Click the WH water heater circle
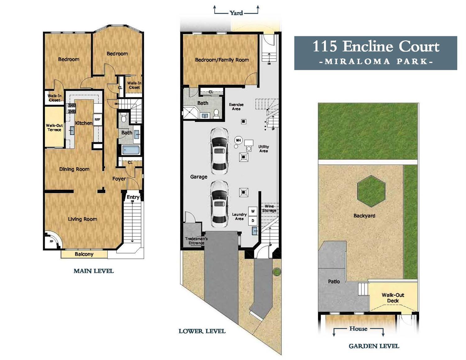pyautogui.click(x=238, y=140)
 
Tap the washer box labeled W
pyautogui.click(x=253, y=211)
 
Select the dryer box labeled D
pyautogui.click(x=253, y=221)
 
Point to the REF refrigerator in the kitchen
pyautogui.click(x=98, y=119)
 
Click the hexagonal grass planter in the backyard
pyautogui.click(x=371, y=191)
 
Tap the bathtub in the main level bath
pyautogui.click(x=130, y=150)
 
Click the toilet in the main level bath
pyautogui.click(x=123, y=118)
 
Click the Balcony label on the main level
pyautogui.click(x=84, y=254)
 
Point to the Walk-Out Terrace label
pyautogui.click(x=54, y=127)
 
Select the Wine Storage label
pyautogui.click(x=269, y=208)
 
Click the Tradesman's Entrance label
pyautogui.click(x=196, y=241)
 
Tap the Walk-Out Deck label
pyautogui.click(x=393, y=298)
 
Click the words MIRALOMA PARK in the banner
pyautogui.click(x=376, y=61)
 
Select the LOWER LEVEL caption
pyautogui.click(x=202, y=331)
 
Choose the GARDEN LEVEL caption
pyautogui.click(x=374, y=346)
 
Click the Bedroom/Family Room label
pyautogui.click(x=222, y=60)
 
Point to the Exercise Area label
pyautogui.click(x=236, y=107)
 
